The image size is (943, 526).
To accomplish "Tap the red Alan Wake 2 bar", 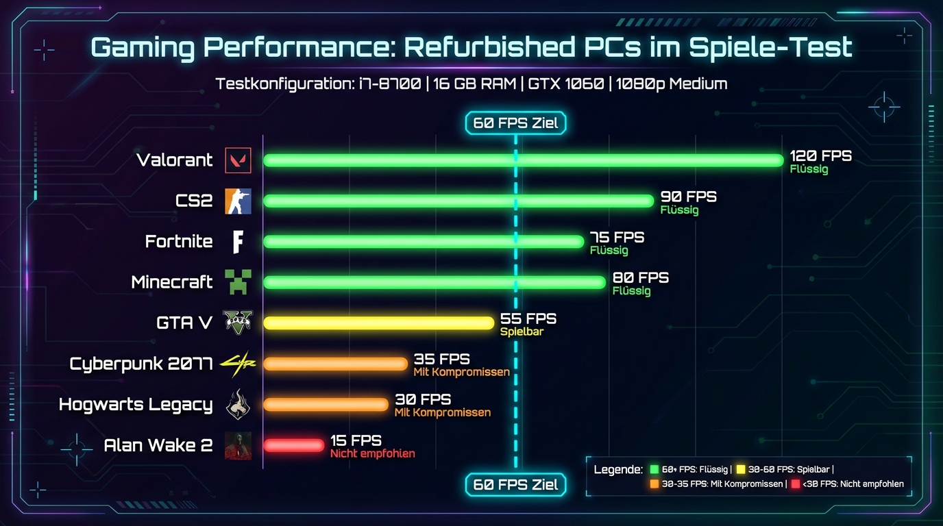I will point(293,445).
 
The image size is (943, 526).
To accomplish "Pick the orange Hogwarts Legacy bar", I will point(326,404).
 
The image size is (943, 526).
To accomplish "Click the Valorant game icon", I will point(238,160).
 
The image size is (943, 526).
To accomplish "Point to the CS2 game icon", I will point(238,201).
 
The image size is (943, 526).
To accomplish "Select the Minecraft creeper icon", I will point(238,281).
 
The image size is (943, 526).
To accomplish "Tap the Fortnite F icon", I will point(238,241).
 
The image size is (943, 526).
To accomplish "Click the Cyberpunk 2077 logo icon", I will point(238,363).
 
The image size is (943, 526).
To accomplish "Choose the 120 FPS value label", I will point(820,156).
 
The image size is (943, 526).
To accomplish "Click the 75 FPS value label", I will point(617,237).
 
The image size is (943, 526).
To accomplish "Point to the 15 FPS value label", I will point(356,440).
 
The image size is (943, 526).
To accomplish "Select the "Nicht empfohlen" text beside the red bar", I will point(372,453).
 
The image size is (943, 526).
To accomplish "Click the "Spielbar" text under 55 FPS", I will point(522,332).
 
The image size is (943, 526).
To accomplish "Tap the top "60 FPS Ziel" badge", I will point(516,123).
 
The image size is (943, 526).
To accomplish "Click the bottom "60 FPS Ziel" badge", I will point(516,485).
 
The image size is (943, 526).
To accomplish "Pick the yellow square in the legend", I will point(741,470).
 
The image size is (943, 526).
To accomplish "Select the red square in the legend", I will point(795,484).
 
